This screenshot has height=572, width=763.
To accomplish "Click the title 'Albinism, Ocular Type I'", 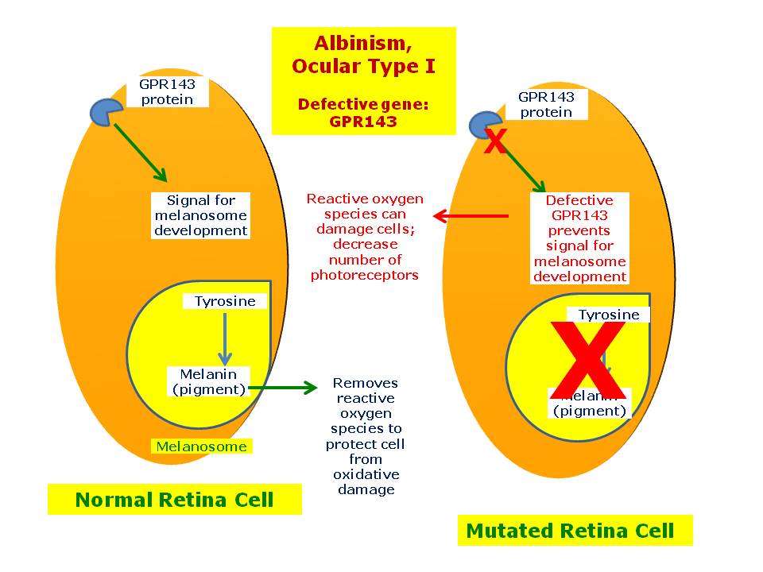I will (363, 54).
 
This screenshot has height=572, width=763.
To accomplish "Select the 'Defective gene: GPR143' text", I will (363, 113).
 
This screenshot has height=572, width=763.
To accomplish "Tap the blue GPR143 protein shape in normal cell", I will (106, 112).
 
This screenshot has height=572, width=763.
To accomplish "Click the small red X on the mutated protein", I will (494, 143).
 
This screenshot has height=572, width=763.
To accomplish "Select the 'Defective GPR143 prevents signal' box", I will (579, 238).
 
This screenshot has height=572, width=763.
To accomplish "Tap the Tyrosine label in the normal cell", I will (225, 301).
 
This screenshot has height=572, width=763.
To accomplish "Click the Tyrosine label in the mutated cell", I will (609, 315).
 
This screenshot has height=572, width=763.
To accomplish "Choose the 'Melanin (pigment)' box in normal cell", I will (207, 381).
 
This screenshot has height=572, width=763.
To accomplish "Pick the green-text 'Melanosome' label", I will (201, 446).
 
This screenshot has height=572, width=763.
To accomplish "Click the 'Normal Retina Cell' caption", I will (174, 500).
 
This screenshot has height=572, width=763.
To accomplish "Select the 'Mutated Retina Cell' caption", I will (570, 531).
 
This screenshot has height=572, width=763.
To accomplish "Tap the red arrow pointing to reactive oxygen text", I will (471, 215).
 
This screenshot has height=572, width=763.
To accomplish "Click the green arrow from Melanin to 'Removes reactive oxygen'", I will (283, 388).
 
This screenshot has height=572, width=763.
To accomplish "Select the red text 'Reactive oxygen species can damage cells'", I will (365, 237).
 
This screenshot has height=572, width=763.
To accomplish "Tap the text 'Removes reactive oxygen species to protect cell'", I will (365, 436).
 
